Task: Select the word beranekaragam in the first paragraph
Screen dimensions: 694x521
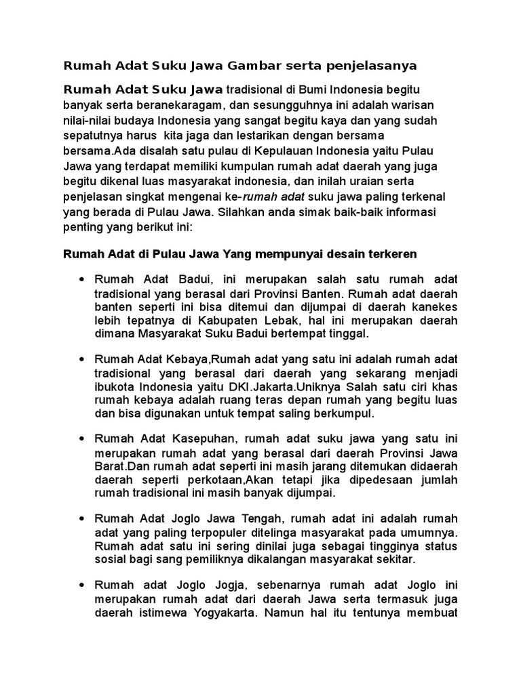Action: pyautogui.click(x=180, y=105)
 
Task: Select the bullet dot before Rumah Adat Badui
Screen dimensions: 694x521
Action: pyautogui.click(x=82, y=279)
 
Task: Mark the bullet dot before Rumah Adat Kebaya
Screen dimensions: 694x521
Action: pyautogui.click(x=82, y=359)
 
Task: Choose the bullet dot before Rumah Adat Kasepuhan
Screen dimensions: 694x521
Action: pyautogui.click(x=82, y=438)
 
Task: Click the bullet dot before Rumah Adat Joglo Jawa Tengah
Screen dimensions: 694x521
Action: pyautogui.click(x=82, y=518)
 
